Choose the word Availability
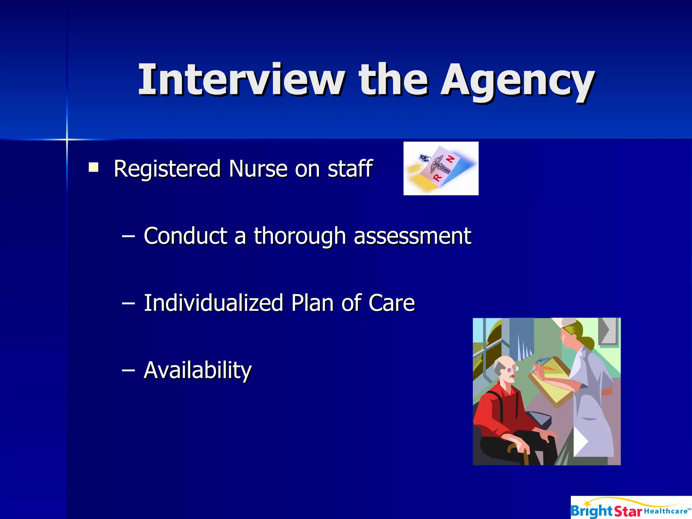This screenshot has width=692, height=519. pos(198,370)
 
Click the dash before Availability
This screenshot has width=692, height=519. pos(128,370)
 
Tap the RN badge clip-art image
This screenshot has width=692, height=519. pos(441,168)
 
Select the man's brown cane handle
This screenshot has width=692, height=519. pos(514,448)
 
